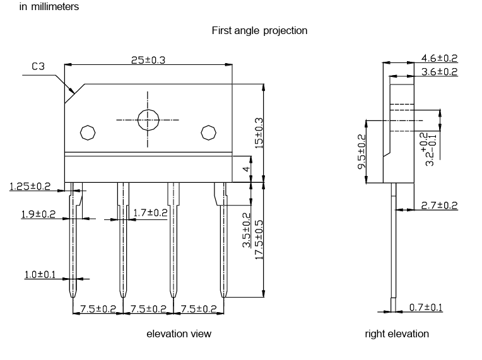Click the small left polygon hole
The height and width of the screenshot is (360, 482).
(87, 133)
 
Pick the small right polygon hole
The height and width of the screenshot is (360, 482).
(208, 132)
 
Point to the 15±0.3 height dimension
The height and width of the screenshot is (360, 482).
(257, 132)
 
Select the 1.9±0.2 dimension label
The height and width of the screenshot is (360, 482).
(38, 214)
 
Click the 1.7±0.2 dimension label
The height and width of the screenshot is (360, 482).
(150, 213)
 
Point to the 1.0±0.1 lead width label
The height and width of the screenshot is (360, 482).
(40, 274)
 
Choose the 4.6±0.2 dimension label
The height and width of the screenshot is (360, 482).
(439, 59)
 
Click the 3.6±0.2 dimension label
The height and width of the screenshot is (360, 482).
(439, 72)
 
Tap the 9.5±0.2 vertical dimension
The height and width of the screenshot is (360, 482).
(361, 150)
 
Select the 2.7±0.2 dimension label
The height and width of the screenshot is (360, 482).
(439, 206)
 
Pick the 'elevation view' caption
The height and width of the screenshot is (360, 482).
(179, 334)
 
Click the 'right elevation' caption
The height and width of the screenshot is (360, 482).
(396, 334)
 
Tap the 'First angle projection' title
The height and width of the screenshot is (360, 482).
(259, 30)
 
